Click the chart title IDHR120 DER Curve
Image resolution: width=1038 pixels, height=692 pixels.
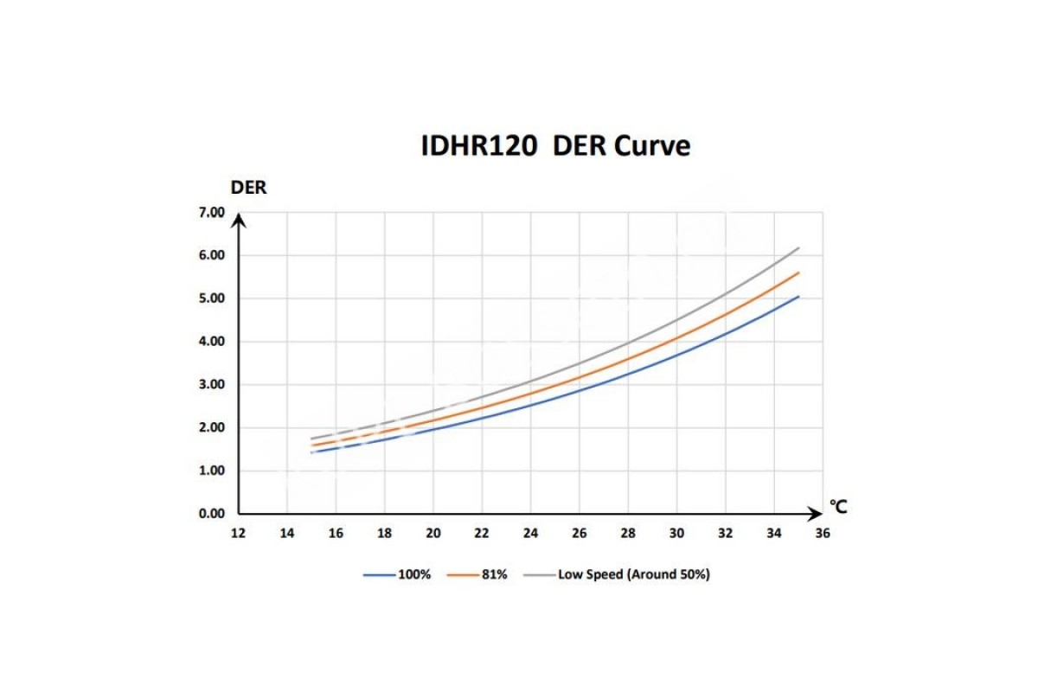555,146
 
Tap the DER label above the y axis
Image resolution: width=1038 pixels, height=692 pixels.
248,188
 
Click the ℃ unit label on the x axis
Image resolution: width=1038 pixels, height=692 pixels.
838,506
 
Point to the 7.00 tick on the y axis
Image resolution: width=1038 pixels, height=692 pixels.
211,213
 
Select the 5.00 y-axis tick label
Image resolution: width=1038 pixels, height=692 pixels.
211,298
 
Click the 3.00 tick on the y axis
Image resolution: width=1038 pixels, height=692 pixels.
211,385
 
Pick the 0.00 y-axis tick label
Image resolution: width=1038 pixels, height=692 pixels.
211,514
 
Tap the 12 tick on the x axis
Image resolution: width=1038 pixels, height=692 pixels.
238,533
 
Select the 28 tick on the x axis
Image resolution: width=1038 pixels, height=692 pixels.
628,533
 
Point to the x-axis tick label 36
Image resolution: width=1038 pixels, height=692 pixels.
823,533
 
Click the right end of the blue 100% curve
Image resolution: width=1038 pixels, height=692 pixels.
798,297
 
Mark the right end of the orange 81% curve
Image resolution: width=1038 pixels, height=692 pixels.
798,272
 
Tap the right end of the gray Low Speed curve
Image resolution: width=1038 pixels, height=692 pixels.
798,247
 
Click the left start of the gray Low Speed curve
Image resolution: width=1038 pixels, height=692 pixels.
311,439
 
